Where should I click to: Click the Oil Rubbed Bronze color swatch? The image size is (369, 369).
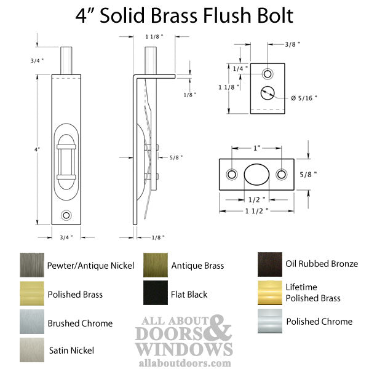coord(270,264)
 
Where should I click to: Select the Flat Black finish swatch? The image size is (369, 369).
coord(156,293)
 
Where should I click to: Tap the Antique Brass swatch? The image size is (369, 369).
coord(156,265)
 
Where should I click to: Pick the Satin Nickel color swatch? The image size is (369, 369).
coord(32,350)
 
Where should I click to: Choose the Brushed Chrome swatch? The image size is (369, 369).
coord(32,322)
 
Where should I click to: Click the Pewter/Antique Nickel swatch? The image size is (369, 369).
coord(32,265)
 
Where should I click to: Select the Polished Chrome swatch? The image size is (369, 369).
coord(270,321)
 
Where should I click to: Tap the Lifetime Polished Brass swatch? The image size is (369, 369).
coord(270,293)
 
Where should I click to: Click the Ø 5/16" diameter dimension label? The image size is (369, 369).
coord(304,98)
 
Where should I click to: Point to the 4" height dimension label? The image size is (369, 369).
coord(37,149)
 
